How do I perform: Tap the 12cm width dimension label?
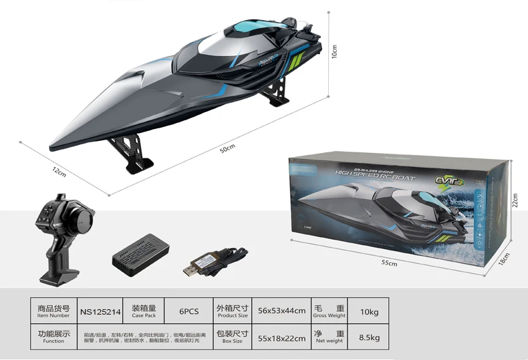click(59, 172)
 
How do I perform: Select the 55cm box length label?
click(389, 263)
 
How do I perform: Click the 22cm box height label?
click(515, 200)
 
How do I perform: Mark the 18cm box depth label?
click(506, 258)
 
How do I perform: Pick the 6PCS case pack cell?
click(189, 311)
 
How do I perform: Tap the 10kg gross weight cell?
click(369, 311)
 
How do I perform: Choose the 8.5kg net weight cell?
click(369, 337)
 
